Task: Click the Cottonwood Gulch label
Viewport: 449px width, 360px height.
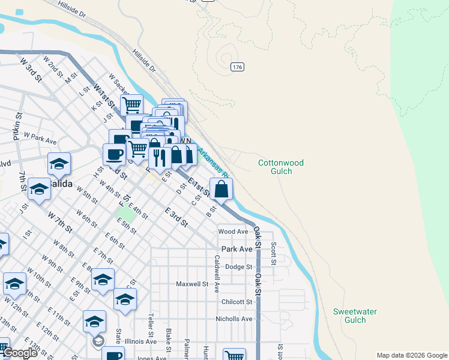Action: pos(281,167)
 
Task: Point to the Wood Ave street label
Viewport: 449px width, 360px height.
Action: pos(234,232)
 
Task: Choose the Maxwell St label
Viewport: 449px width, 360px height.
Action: pos(192,284)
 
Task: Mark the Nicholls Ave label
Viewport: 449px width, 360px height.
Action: pos(234,319)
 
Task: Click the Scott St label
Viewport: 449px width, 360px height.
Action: pos(273,253)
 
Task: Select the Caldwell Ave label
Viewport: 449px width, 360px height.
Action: pos(216,274)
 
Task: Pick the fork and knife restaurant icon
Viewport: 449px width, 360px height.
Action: pos(159,157)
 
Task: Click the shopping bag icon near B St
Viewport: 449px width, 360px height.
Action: pos(221,189)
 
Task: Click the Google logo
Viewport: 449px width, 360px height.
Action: pos(20,353)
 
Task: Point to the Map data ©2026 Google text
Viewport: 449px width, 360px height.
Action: pos(411,355)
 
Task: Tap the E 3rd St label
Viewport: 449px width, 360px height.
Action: pos(176,217)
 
